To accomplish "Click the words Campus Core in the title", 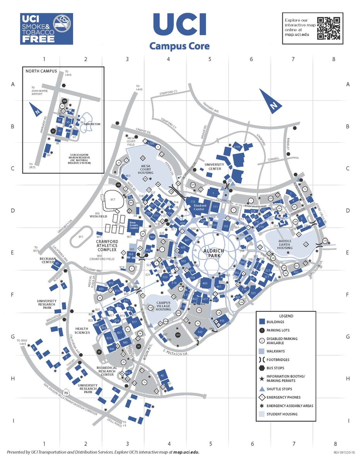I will (179, 46).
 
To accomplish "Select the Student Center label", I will (200, 208).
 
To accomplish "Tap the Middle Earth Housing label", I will (285, 245).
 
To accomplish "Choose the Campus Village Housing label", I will (163, 307).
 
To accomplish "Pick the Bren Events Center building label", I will (134, 226).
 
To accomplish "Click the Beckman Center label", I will (46, 260).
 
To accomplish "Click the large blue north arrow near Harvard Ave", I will (270, 101).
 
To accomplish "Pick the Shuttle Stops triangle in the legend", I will (262, 389).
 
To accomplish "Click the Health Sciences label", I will (82, 330).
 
